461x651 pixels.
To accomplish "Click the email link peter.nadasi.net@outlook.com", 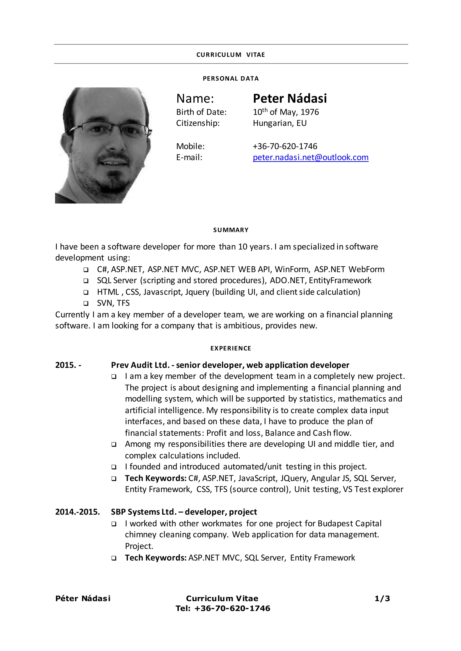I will pyautogui.click(x=311, y=157).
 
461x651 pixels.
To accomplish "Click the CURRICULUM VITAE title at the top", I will pyautogui.click(x=230, y=55).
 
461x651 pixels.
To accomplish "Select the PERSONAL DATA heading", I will pyautogui.click(x=230, y=78).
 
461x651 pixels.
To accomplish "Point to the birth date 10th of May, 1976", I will pyautogui.click(x=286, y=112).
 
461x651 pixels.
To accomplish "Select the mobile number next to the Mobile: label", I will pyautogui.click(x=285, y=146).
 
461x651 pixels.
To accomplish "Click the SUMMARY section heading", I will pyautogui.click(x=230, y=230).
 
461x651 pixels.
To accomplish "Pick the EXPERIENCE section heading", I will pyautogui.click(x=230, y=348).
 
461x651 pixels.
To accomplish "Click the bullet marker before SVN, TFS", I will pyautogui.click(x=86, y=303).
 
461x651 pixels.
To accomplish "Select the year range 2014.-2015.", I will pyautogui.click(x=77, y=512).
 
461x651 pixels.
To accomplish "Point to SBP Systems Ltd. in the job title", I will pyautogui.click(x=144, y=512).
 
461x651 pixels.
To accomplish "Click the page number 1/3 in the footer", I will pyautogui.click(x=382, y=599).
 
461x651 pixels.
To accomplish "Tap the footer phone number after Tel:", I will pyautogui.click(x=232, y=609).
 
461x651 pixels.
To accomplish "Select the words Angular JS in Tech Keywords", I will pyautogui.click(x=330, y=478).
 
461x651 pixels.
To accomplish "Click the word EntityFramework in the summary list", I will pyautogui.click(x=340, y=280).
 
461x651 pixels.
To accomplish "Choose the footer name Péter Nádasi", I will pyautogui.click(x=83, y=599).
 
